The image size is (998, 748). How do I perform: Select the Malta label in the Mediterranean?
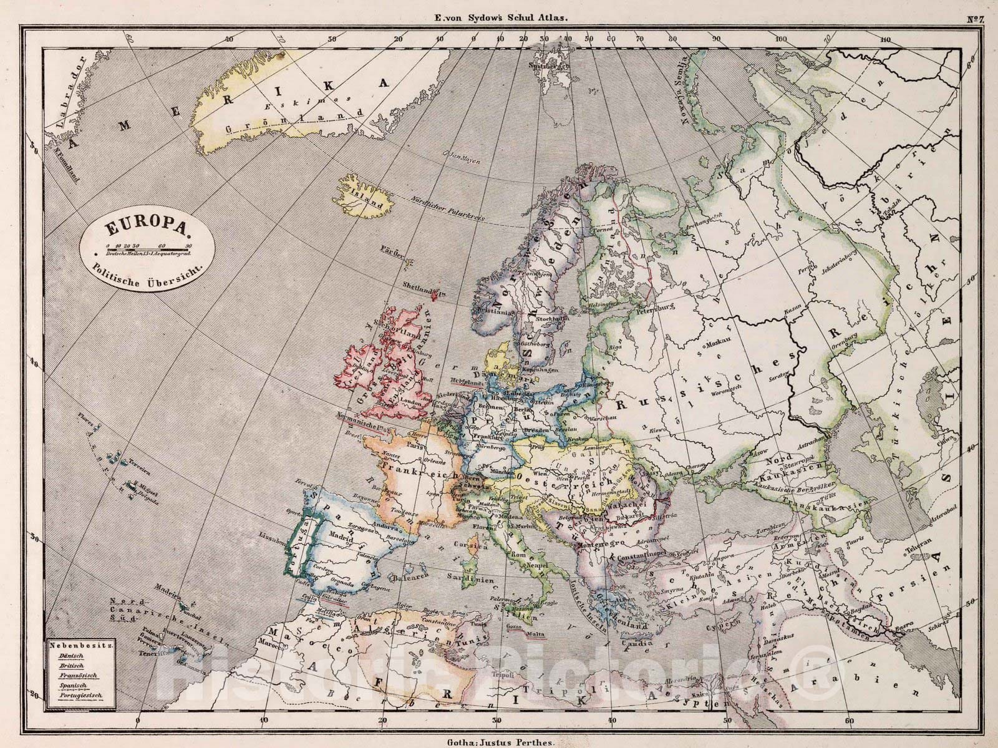(534, 634)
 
